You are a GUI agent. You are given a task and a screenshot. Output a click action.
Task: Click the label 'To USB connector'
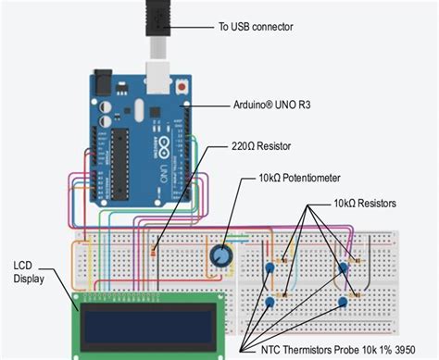tap(256, 27)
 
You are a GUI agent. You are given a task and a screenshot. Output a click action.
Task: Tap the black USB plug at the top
tap(158, 19)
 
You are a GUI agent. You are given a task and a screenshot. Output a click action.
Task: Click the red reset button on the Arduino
tap(182, 87)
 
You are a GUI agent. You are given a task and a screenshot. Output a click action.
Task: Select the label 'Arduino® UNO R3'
tap(271, 105)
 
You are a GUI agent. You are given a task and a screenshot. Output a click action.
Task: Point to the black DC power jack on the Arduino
tap(103, 81)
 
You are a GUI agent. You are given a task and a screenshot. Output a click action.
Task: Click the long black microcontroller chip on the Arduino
tap(119, 164)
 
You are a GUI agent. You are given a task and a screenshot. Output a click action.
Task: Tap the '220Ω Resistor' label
tap(261, 146)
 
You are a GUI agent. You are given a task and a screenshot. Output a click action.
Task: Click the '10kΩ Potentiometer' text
tap(299, 178)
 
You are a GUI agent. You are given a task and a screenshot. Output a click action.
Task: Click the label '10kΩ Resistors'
tap(365, 204)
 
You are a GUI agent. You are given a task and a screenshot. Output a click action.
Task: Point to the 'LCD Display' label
tap(29, 272)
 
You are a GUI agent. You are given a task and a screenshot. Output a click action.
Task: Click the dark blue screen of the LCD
tap(149, 327)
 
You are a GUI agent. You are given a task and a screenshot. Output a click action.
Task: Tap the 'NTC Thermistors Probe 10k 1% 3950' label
tap(338, 350)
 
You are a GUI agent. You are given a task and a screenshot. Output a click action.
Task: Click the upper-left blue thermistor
tap(270, 267)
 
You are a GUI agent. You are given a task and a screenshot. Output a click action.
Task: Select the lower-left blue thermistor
tap(270, 302)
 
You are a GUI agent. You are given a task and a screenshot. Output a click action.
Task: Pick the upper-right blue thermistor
tap(343, 267)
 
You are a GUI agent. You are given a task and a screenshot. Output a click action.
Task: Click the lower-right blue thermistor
tap(343, 302)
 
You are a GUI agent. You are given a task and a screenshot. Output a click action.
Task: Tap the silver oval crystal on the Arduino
tap(139, 110)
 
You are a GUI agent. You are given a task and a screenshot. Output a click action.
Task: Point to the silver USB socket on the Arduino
tap(157, 78)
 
